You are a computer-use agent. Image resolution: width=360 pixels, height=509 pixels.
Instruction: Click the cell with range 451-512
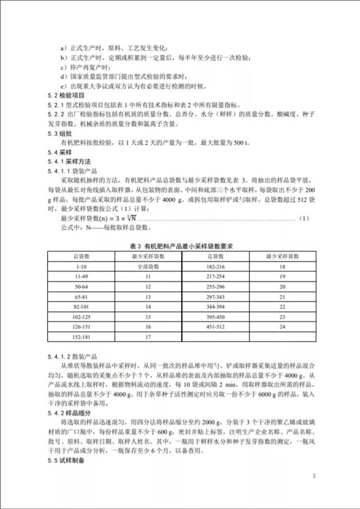coord(214,326)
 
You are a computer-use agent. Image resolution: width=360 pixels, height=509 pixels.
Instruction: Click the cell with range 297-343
coord(214,297)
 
